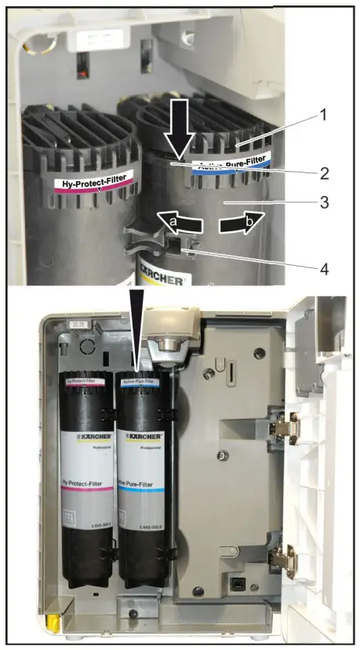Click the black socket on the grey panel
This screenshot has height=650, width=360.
pyautogui.click(x=235, y=583)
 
